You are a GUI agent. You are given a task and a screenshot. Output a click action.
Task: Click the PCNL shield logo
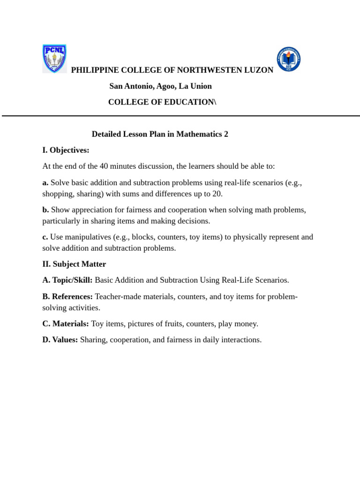point(54,59)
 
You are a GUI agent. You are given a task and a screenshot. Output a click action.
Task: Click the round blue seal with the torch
point(288,59)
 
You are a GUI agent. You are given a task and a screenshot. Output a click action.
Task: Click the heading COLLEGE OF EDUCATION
point(161,102)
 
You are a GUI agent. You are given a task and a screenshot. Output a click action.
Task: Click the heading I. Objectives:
point(66,150)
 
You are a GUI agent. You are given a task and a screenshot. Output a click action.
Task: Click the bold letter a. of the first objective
point(45,182)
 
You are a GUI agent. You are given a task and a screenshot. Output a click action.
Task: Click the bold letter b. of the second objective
point(45,210)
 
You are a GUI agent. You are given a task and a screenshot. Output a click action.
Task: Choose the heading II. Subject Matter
point(74,264)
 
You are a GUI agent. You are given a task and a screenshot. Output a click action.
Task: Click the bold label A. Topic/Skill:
point(67,280)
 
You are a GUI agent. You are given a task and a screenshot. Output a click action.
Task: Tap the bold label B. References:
point(67,297)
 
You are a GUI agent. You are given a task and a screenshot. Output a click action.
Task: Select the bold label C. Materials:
point(66,324)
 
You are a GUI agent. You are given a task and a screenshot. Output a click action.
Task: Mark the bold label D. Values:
point(60,340)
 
